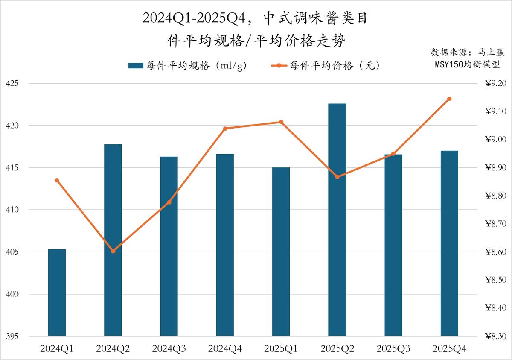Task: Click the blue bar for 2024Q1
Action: click(57, 293)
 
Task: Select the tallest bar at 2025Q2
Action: click(337, 220)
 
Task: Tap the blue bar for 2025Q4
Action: click(449, 243)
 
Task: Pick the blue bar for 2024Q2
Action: click(113, 240)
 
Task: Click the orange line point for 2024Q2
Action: click(113, 251)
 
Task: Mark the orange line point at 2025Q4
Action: click(449, 99)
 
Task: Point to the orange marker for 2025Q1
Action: click(281, 122)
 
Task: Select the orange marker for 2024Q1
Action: click(57, 180)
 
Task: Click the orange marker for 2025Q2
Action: click(337, 177)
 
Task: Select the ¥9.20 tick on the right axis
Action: click(495, 84)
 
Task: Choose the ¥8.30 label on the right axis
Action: click(495, 337)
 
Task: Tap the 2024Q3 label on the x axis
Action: click(169, 349)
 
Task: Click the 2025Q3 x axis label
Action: click(393, 349)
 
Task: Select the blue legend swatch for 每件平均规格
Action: click(135, 66)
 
